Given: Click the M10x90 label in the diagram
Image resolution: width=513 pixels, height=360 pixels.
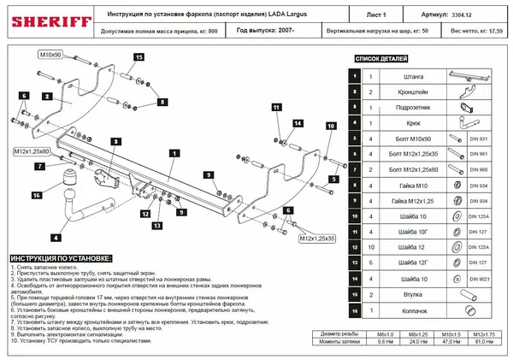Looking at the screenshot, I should coord(50,55).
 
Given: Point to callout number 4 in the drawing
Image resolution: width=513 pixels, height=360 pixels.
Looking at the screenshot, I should coord(55,237).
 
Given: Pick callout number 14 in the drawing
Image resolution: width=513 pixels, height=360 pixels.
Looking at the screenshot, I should coord(297,124).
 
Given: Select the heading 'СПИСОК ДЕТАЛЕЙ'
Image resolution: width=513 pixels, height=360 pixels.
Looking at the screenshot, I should coord(384,59).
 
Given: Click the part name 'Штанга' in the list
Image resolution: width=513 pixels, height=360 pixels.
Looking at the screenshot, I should coord(411,77).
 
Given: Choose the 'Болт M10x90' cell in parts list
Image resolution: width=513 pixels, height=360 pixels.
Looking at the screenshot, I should coord(411,139).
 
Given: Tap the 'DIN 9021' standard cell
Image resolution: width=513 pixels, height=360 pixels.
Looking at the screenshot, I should coord(481,277).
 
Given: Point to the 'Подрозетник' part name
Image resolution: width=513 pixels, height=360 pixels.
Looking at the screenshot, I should coord(411,108).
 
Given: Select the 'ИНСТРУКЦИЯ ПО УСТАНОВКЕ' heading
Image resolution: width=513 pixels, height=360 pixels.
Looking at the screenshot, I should coord(60,257).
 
